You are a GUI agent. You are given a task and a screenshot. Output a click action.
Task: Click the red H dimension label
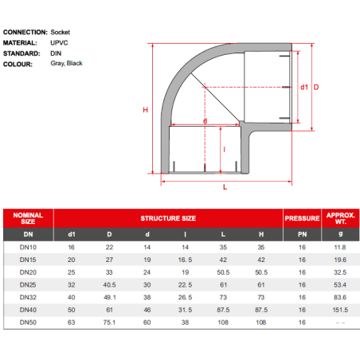tap(145, 110)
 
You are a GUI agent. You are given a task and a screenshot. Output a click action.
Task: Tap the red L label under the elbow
tap(225, 187)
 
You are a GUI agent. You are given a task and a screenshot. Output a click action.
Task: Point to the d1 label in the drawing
tap(304, 87)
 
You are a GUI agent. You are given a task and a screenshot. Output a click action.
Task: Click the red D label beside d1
tap(316, 87)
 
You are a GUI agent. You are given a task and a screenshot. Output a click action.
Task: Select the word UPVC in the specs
tap(59, 43)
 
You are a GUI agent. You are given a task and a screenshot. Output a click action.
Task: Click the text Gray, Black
tap(66, 64)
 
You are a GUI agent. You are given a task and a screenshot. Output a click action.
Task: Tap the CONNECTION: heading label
tap(25, 32)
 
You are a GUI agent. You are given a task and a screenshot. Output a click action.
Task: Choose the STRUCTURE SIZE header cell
tap(168, 218)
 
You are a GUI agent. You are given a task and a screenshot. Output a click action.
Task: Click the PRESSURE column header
tap(302, 218)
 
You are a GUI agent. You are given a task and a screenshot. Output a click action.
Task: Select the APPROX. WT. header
tap(341, 218)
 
